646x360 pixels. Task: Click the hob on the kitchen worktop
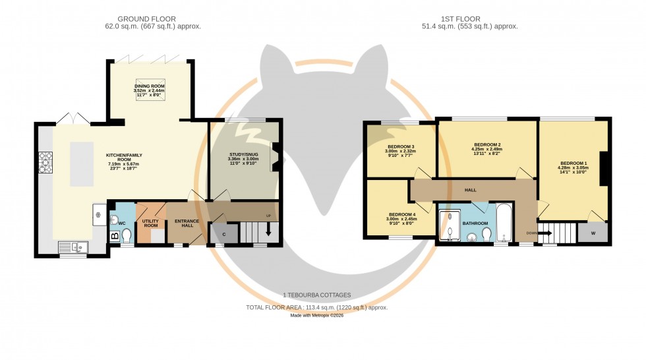click(x=45, y=162)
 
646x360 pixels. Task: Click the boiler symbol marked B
click(x=114, y=235)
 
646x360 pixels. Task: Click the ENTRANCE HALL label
click(x=182, y=223)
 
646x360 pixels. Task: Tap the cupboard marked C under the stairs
click(x=224, y=234)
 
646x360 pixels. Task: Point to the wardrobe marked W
click(x=593, y=232)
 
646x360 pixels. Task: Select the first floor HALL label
click(x=470, y=190)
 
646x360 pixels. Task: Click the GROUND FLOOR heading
click(x=152, y=18)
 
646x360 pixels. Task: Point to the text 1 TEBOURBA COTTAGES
click(x=316, y=295)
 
